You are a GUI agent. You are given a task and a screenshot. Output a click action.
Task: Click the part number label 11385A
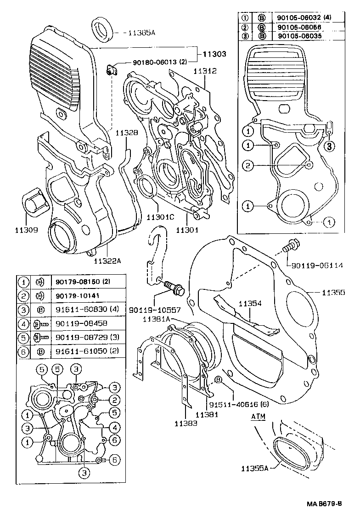coord(143,33)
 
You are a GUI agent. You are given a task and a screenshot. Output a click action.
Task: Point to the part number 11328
coord(126,133)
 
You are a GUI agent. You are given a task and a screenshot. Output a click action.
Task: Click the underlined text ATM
coord(258,416)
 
